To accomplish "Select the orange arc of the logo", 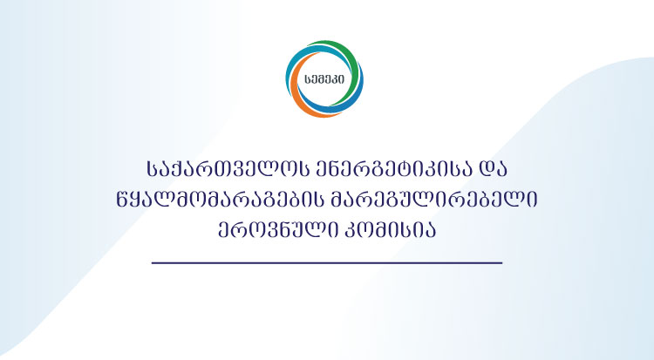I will tap(304, 103).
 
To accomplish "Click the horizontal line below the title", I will tap(327, 262).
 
